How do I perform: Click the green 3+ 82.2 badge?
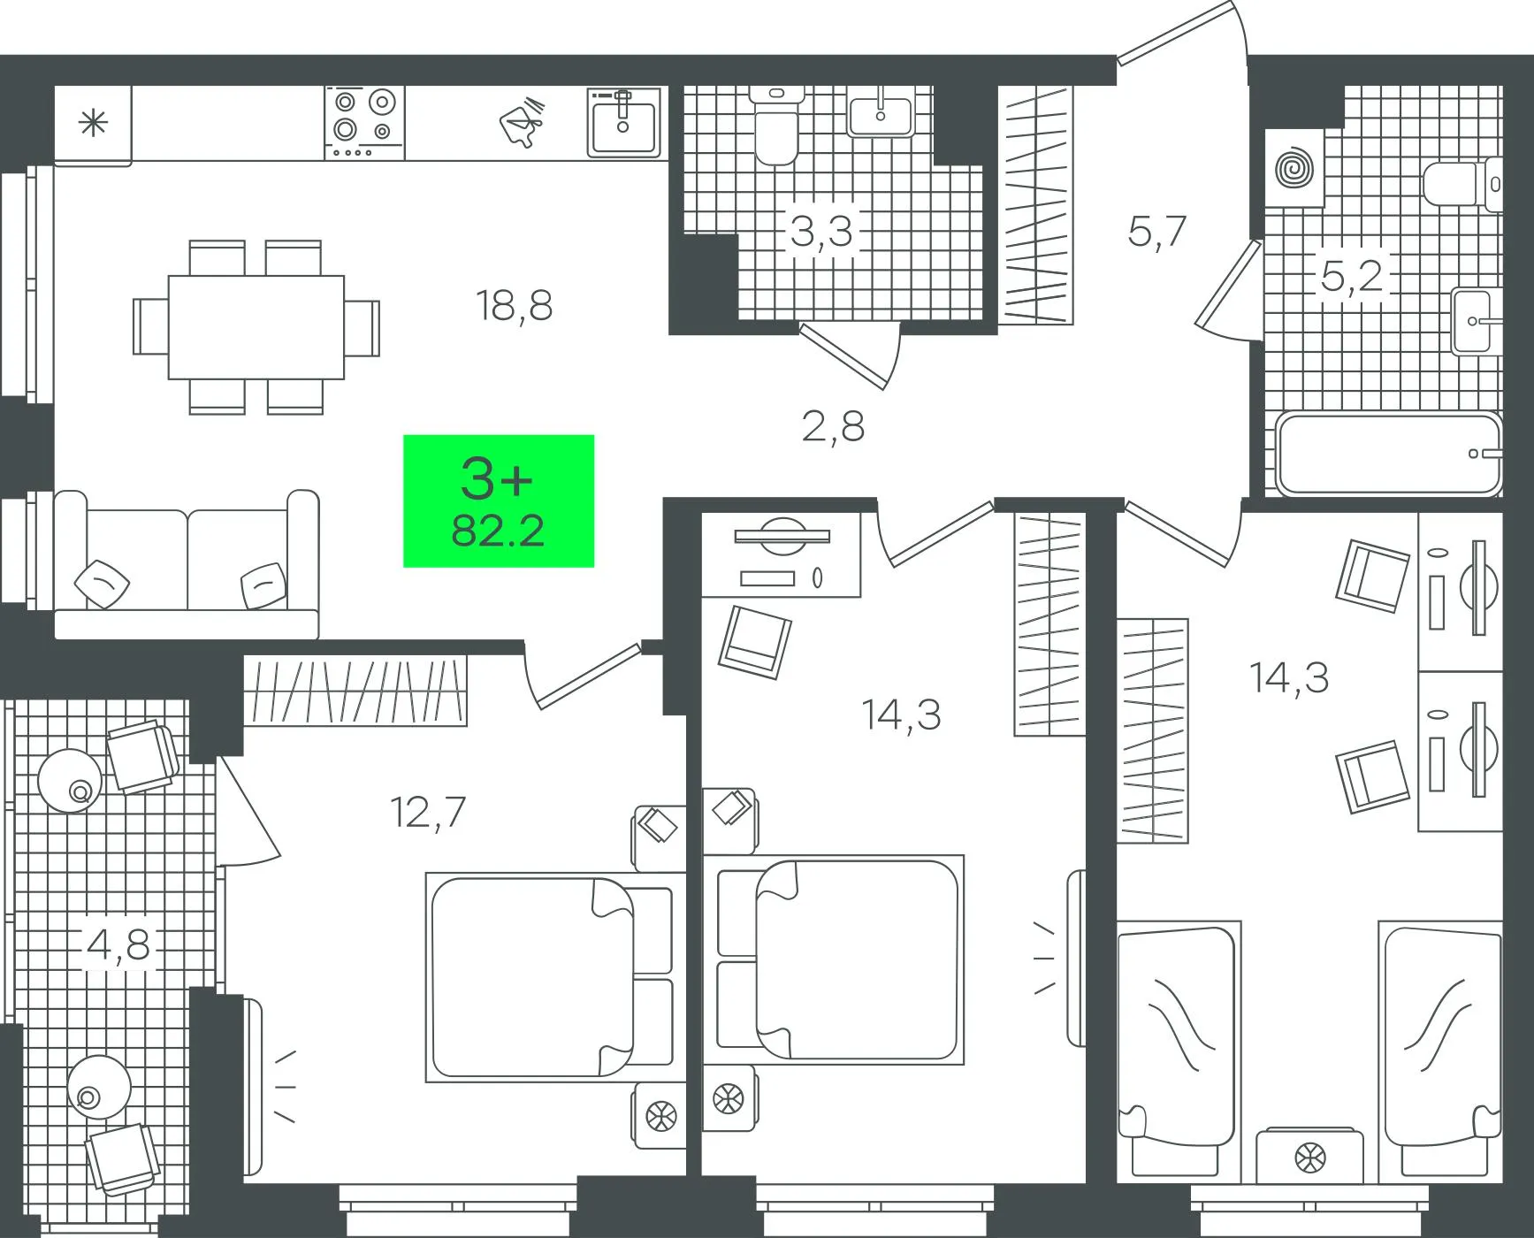pyautogui.click(x=499, y=501)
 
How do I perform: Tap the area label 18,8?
pyautogui.click(x=514, y=306)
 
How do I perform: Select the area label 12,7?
pyautogui.click(x=428, y=813)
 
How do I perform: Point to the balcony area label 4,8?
pyautogui.click(x=118, y=945)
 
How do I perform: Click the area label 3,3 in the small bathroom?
pyautogui.click(x=820, y=232)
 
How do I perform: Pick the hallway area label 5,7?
pyautogui.click(x=1156, y=232)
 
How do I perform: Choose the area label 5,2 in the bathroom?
pyautogui.click(x=1351, y=277)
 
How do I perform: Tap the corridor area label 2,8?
pyautogui.click(x=833, y=426)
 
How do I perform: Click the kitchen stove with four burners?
pyautogui.click(x=364, y=123)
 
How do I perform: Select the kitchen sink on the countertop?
pyautogui.click(x=624, y=122)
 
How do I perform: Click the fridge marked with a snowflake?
pyautogui.click(x=93, y=123)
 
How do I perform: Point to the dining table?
pyautogui.click(x=256, y=327)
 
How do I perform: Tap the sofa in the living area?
pyautogui.click(x=186, y=564)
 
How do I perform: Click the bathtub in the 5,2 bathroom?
pyautogui.click(x=1389, y=455)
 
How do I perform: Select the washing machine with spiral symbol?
pyautogui.click(x=1294, y=168)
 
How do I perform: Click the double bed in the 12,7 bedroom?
pyautogui.click(x=555, y=977)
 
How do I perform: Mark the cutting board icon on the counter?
pyautogui.click(x=523, y=121)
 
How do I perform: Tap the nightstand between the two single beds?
pyautogui.click(x=1310, y=1155)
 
